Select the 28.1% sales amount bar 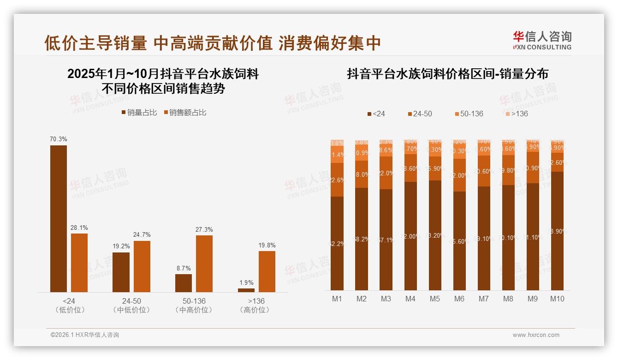(79, 263)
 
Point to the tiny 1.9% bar (246, 290)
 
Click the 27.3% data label (204, 230)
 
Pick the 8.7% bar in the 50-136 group (184, 283)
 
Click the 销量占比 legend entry (139, 113)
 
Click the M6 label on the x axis (459, 299)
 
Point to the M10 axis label (557, 299)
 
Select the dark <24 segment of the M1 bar (337, 243)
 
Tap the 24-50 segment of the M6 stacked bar (459, 175)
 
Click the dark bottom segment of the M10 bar (557, 231)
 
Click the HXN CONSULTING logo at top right (542, 41)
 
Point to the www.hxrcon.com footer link (536, 335)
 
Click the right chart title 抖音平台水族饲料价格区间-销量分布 (447, 74)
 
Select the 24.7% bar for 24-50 (142, 266)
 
